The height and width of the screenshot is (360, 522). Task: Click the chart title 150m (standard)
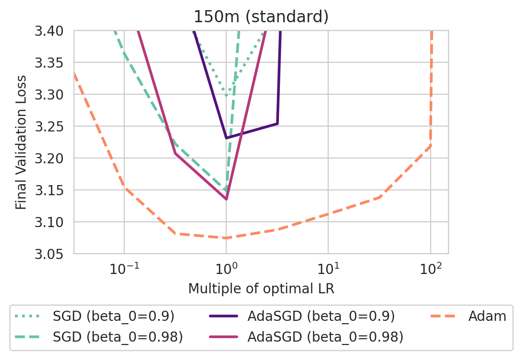261,16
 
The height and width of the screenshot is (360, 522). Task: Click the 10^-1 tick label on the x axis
124,269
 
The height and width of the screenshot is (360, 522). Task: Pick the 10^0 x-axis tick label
226,269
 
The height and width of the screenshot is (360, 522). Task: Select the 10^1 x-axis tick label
328,269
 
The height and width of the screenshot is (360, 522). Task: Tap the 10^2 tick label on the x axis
430,269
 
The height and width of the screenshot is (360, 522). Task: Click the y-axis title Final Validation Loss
20,142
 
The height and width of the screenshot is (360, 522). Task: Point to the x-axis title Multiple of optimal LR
261,289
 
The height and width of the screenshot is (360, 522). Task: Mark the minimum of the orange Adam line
226,238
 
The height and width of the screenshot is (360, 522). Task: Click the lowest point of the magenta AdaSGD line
226,199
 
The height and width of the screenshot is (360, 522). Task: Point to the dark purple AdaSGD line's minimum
226,138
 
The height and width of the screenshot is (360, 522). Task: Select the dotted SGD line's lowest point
226,95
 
